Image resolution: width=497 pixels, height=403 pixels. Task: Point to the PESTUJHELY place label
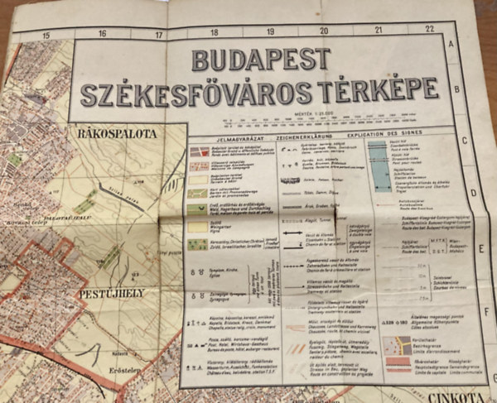[x=113, y=293]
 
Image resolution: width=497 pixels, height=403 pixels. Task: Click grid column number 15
[x=46, y=34]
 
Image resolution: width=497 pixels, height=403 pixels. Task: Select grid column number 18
[x=213, y=32]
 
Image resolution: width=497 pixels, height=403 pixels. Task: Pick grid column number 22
[x=429, y=29]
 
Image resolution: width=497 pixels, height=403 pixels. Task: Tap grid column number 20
[x=324, y=31]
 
